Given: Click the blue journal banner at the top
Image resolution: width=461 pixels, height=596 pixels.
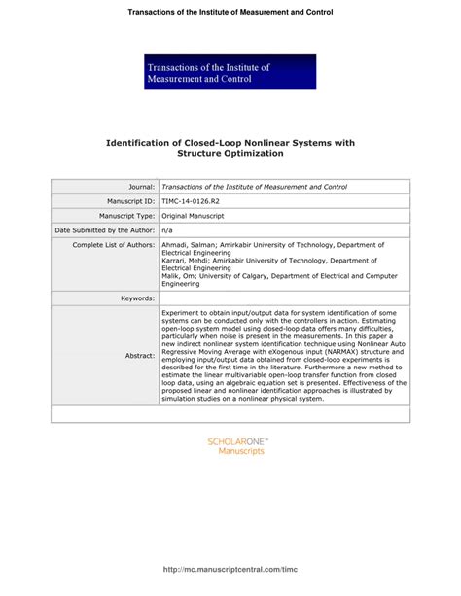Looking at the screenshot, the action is point(230,72).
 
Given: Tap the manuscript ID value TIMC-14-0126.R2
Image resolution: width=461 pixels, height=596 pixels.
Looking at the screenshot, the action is point(190,200).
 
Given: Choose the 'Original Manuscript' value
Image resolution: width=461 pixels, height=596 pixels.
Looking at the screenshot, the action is point(193,215).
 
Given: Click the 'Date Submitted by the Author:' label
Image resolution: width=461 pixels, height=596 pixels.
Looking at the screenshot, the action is point(105,229).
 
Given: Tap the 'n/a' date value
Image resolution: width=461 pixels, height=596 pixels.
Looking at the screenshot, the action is point(166,229).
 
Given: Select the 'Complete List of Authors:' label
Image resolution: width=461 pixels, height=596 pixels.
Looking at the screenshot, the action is point(114,245).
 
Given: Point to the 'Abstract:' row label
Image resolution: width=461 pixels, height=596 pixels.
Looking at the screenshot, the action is point(139,356).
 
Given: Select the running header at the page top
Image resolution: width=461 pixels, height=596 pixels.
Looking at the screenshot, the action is point(230,12).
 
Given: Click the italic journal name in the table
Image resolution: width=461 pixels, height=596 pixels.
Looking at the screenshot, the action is point(254,186).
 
